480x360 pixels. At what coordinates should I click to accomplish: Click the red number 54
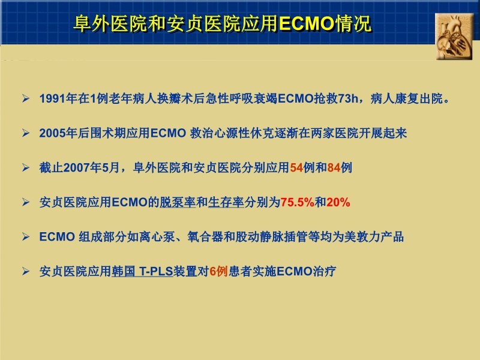[296, 168]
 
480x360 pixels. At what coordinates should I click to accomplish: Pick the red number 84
[334, 168]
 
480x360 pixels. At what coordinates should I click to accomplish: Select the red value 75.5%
[298, 203]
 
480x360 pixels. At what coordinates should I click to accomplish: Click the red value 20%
[338, 203]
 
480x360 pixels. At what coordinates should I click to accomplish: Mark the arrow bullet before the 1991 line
[25, 98]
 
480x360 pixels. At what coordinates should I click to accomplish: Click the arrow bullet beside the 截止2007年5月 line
[25, 168]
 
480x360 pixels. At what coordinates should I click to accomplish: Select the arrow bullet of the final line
[25, 272]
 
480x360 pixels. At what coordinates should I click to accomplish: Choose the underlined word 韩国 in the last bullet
[123, 272]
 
